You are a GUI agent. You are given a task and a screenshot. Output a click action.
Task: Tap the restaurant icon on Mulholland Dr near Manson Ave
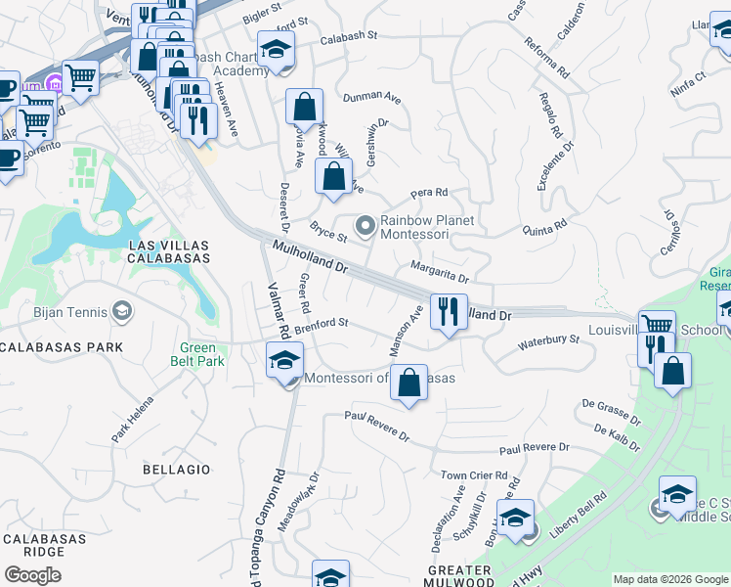point(449,313)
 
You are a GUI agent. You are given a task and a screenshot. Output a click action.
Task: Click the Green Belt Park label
point(203,354)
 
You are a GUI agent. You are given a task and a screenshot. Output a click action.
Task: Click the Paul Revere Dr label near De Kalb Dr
point(534,448)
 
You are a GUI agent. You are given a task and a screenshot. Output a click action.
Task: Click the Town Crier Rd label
point(474,475)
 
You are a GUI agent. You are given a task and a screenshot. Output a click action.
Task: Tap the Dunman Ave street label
point(371,98)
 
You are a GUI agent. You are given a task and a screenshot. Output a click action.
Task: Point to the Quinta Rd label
point(544,228)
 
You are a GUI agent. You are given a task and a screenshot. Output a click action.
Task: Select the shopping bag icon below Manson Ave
point(409,383)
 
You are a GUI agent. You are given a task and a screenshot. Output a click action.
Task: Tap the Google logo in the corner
point(33,575)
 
